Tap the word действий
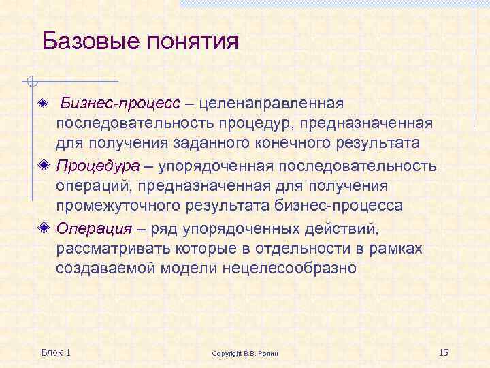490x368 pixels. (345, 228)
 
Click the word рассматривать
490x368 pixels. (110, 248)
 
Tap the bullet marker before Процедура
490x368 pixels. (45, 166)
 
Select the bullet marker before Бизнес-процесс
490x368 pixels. (45, 104)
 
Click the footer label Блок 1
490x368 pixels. (56, 352)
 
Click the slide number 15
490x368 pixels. (444, 352)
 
